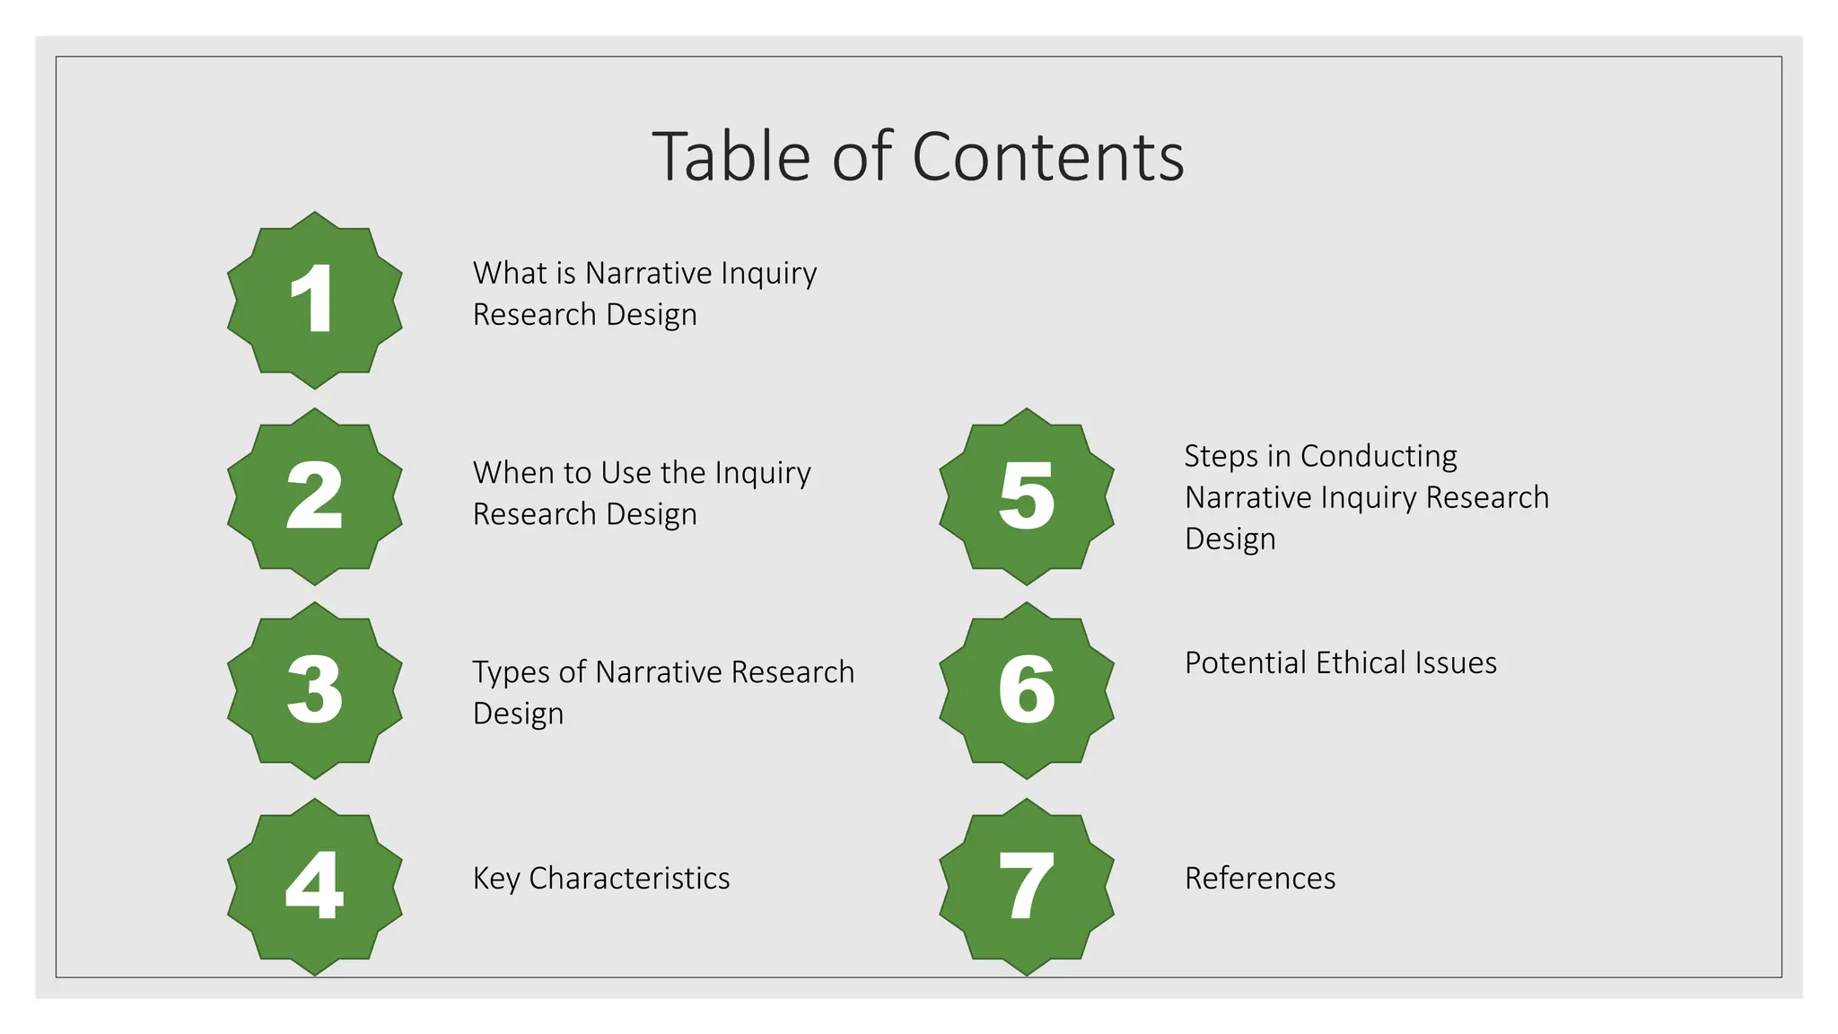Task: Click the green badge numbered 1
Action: tap(314, 300)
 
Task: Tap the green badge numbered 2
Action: tap(314, 496)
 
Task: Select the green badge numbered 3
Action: tap(314, 690)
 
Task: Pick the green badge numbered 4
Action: tap(314, 886)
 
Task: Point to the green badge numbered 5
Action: tap(1027, 496)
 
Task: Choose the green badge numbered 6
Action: tap(1027, 690)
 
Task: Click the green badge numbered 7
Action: tap(1027, 886)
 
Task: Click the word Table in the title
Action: tap(731, 157)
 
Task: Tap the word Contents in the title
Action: tap(1047, 157)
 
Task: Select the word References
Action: tap(1260, 878)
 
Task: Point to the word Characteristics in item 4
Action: tap(629, 878)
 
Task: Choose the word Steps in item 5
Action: tap(1221, 456)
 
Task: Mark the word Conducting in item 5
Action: tap(1378, 456)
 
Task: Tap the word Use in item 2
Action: tap(626, 472)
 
